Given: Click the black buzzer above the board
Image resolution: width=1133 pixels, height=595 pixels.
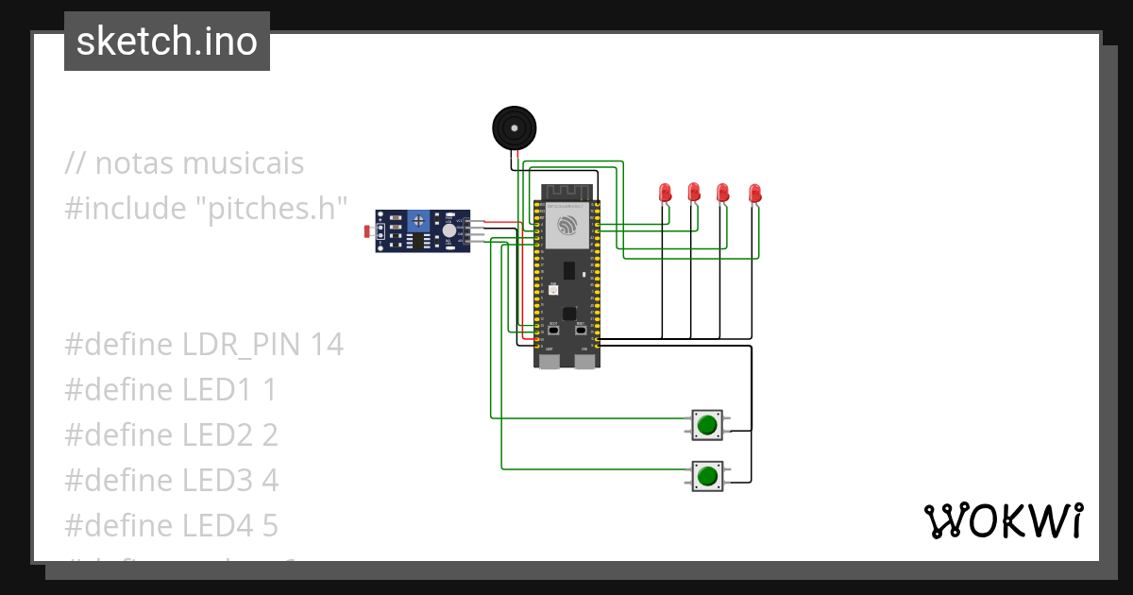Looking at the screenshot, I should [x=513, y=127].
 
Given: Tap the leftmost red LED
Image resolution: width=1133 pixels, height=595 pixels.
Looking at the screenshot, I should [x=665, y=193].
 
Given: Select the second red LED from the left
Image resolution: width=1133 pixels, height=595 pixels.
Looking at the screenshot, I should [x=694, y=193].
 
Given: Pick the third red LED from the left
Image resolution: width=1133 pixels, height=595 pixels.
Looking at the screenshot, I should [x=723, y=193].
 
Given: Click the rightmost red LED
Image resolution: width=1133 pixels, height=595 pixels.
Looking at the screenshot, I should [x=754, y=194].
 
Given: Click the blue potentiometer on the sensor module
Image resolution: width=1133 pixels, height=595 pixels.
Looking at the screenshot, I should [x=417, y=221].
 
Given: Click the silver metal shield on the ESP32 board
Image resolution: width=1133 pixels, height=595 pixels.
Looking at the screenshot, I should [x=566, y=226].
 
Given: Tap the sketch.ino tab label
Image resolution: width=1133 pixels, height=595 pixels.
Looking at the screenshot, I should [x=167, y=42].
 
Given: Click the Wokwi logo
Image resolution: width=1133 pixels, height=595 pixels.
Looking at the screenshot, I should [x=1003, y=521].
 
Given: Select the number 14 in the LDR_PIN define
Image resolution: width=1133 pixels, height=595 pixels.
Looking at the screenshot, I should [x=326, y=345].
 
